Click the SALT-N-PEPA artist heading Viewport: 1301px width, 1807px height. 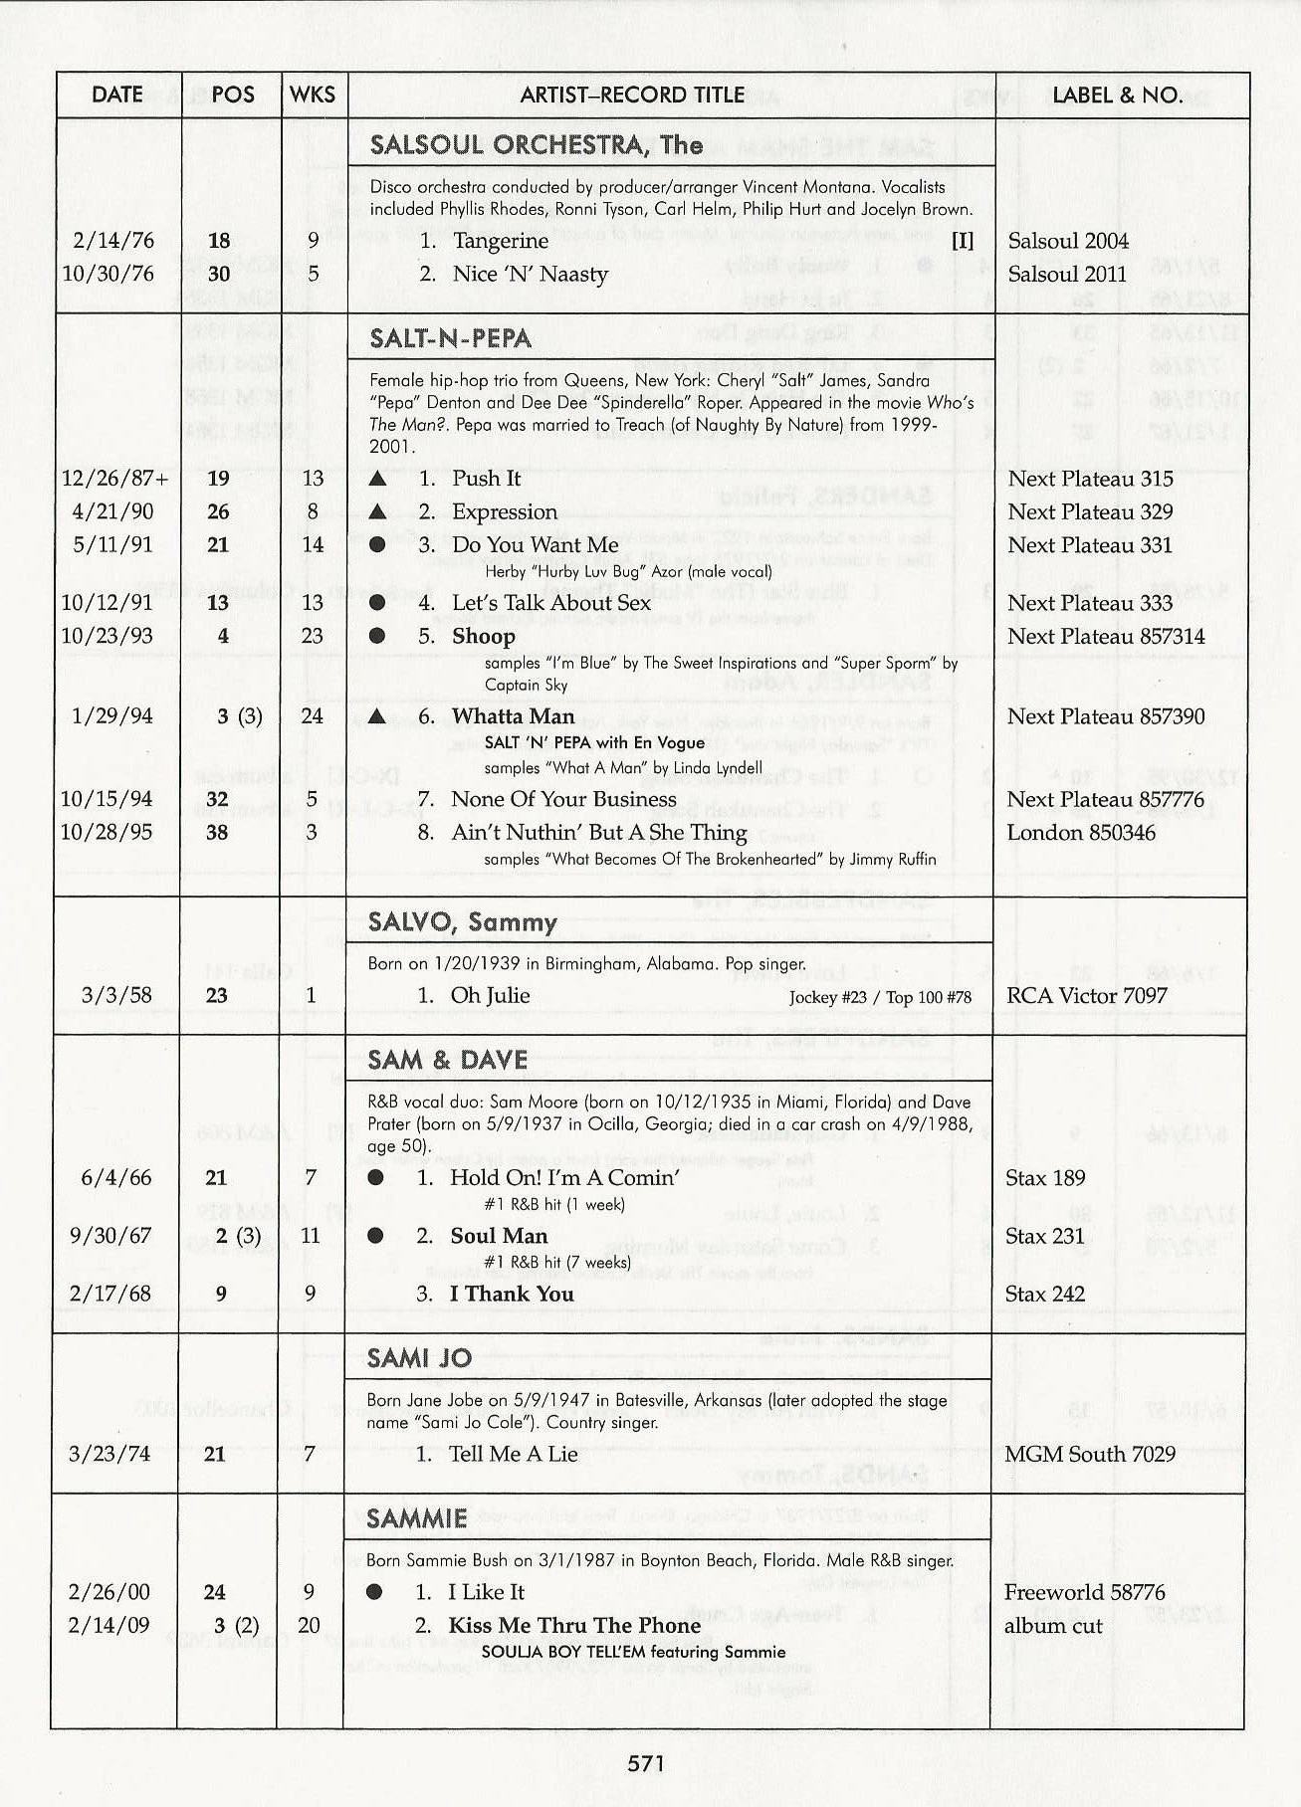(450, 338)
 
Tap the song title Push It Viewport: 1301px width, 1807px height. (486, 479)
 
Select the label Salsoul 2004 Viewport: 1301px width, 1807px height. (1068, 241)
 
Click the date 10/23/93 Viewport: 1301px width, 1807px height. (108, 636)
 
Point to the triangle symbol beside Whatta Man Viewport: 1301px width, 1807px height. (376, 716)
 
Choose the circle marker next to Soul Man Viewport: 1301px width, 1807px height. (376, 1236)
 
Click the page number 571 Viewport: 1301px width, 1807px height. (646, 1764)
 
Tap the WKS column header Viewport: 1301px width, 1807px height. (313, 96)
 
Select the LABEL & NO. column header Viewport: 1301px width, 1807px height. (1117, 96)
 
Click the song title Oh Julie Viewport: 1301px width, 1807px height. (490, 996)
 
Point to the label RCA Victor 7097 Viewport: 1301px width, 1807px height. (1087, 996)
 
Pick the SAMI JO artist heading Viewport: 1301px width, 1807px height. (419, 1358)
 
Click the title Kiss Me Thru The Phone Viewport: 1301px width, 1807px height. (574, 1626)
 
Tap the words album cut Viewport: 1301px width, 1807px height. (1053, 1626)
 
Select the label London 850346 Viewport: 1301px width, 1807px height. (1081, 833)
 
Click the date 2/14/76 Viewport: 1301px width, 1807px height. (113, 241)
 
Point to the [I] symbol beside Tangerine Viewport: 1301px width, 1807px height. (962, 241)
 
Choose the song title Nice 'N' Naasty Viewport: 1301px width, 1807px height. (530, 275)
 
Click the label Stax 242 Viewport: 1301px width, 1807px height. (1044, 1295)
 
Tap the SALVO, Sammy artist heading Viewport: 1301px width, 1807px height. (462, 922)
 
